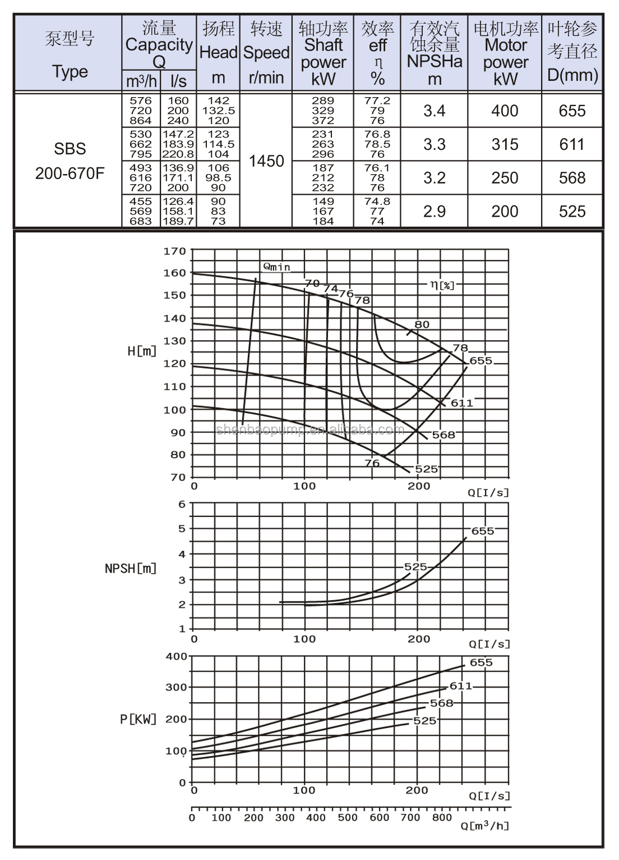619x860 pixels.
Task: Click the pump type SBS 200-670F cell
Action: pos(70,161)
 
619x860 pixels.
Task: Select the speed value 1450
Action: pos(266,161)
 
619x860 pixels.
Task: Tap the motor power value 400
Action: pos(505,111)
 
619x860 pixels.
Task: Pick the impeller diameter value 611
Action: pos(572,144)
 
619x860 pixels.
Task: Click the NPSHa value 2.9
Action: pos(434,211)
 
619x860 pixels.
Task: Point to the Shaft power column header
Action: pos(323,53)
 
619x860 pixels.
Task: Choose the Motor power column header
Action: pos(505,53)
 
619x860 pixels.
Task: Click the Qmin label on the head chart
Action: pos(277,267)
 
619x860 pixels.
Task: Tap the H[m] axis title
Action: pos(142,351)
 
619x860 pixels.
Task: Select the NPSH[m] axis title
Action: pos(131,568)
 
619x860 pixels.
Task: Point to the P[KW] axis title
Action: pos(138,719)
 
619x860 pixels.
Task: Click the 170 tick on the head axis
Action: pos(174,251)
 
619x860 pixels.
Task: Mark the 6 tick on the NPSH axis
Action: pos(182,504)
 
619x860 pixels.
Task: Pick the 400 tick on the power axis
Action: pos(177,656)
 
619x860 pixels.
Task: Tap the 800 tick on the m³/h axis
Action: pos(442,817)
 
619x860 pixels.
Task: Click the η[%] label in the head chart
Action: pos(442,285)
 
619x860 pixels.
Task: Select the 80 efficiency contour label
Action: pos(422,324)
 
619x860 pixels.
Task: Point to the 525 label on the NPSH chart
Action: pos(415,567)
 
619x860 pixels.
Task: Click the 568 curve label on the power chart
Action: pos(441,703)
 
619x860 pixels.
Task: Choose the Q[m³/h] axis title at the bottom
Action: pos(486,826)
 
